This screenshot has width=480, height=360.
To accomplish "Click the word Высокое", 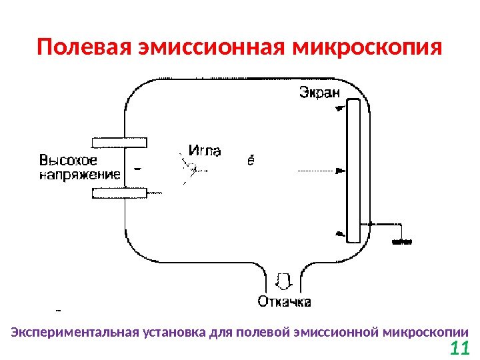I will click(69, 161).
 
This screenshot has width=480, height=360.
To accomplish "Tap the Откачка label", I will click(285, 302).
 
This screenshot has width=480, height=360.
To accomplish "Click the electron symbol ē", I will click(251, 160).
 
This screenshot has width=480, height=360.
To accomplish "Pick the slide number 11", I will click(460, 348).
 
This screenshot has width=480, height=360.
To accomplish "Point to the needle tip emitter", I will click(189, 170).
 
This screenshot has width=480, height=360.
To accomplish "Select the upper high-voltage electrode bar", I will click(119, 141).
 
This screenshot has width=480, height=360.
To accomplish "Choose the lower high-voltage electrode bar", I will click(119, 193).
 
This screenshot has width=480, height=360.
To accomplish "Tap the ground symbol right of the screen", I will click(401, 243).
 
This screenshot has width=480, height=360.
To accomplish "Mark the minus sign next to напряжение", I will click(137, 169).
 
